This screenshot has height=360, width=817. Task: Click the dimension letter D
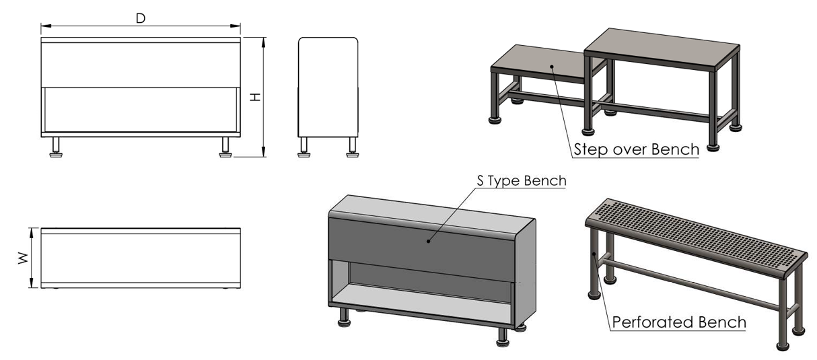point(141,18)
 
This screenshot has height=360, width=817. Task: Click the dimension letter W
point(24,258)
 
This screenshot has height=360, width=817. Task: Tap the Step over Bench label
point(637,149)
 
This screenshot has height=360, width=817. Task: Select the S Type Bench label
point(522,180)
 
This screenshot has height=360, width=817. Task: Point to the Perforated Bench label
point(679,322)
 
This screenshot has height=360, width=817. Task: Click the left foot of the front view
point(56,147)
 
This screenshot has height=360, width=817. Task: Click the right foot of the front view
point(225,147)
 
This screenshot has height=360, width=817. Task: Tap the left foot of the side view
point(304,147)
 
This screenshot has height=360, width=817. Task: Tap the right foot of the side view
point(353,147)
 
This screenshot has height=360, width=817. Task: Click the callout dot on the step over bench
point(552,67)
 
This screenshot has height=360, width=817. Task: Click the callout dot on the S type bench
point(428,241)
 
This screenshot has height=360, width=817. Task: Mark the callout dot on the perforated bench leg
point(594,254)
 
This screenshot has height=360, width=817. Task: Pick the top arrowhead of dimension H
point(263,42)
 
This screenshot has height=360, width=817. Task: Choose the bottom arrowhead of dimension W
point(32,283)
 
